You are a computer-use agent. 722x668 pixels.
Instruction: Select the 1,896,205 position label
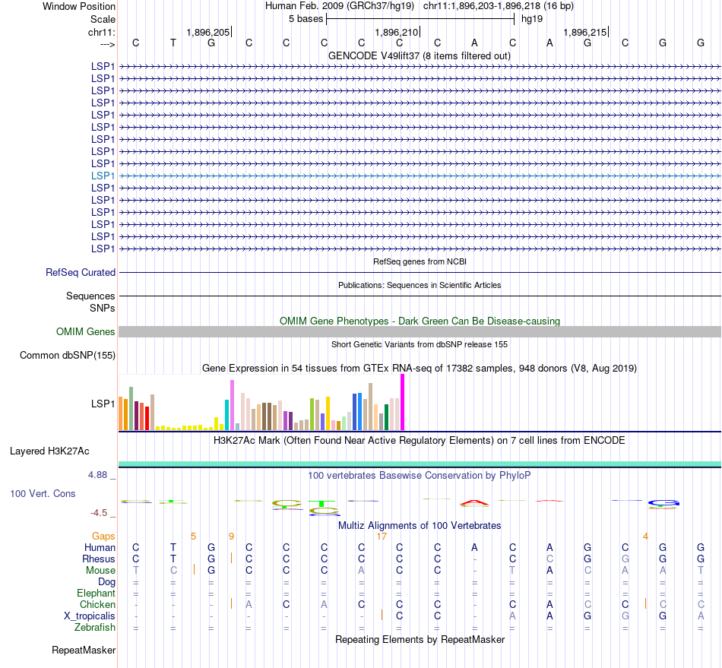pos(207,32)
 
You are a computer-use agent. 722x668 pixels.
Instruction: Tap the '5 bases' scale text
pos(306,18)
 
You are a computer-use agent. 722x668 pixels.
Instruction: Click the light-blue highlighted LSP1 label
pos(103,176)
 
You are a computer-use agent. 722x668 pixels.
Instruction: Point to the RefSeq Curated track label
pos(81,272)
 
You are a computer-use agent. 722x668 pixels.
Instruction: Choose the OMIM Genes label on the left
pos(86,331)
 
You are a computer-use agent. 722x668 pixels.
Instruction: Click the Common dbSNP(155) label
pos(68,355)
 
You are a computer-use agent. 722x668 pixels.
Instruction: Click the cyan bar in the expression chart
pos(226,414)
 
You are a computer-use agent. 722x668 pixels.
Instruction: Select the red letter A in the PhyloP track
pos(475,502)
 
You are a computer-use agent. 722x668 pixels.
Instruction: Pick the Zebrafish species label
pos(95,627)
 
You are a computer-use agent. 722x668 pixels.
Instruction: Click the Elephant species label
pos(96,593)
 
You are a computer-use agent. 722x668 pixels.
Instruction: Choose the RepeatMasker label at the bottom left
pos(84,650)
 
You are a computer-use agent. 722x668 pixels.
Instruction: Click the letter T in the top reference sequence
pos(173,43)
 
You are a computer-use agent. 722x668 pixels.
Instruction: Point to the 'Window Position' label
pos(79,6)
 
